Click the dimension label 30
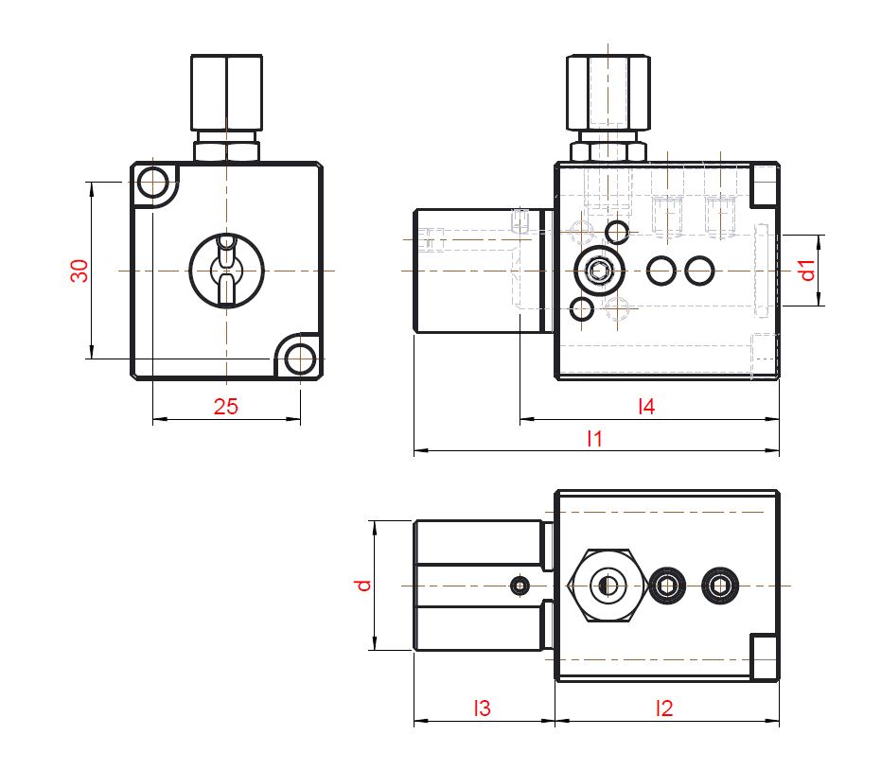point(80,271)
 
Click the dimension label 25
point(225,407)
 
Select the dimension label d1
point(807,271)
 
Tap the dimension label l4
point(646,407)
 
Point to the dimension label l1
point(595,439)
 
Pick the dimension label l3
point(483,708)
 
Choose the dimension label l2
point(664,708)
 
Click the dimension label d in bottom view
point(362,585)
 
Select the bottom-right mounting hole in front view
point(300,359)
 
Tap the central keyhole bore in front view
point(226,271)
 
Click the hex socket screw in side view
point(599,272)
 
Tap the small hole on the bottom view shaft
point(519,586)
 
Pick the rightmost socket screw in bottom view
point(720,586)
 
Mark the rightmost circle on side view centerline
point(699,271)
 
